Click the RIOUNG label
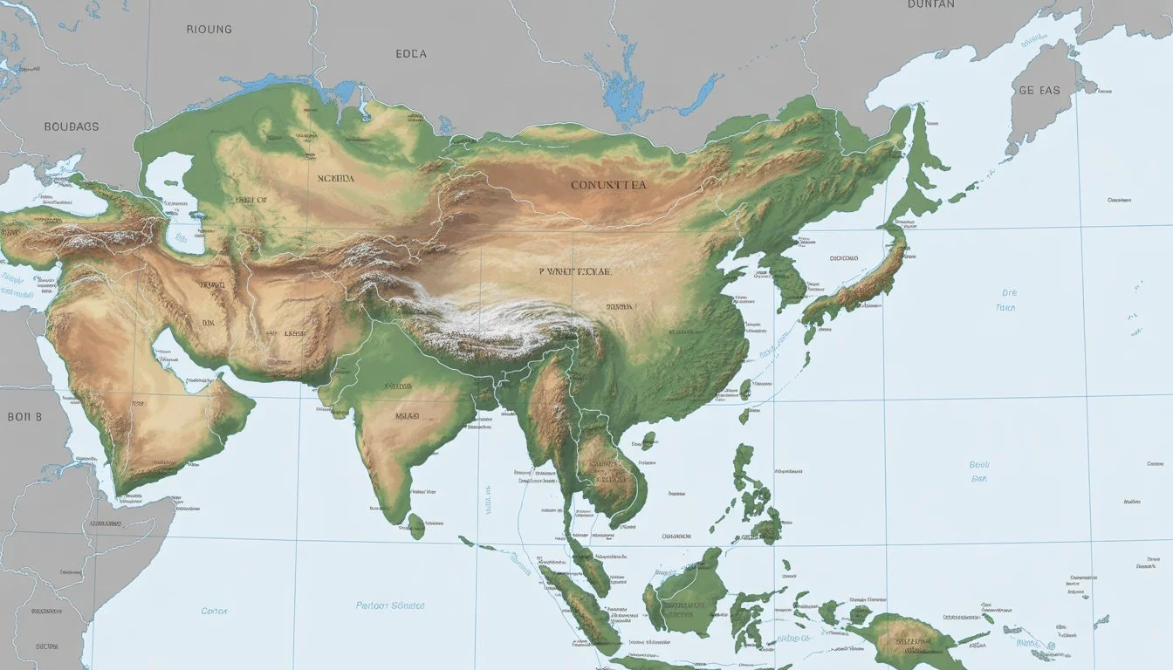pyautogui.click(x=209, y=29)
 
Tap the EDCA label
pyautogui.click(x=411, y=54)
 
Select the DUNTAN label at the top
pyautogui.click(x=931, y=4)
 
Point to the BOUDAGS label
pyautogui.click(x=72, y=126)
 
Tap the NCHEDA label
pyautogui.click(x=336, y=178)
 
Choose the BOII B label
pyautogui.click(x=24, y=417)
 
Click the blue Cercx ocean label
pyautogui.click(x=214, y=611)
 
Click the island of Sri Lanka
pyautogui.click(x=416, y=525)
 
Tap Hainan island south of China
pyautogui.click(x=648, y=441)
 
